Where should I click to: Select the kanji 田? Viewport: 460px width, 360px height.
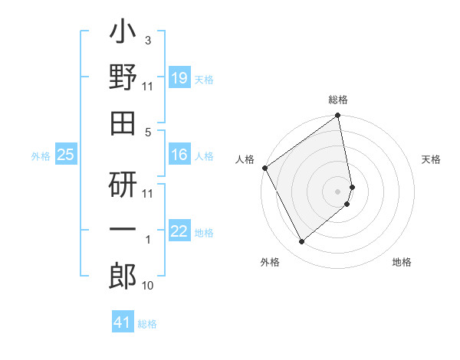pos(123,123)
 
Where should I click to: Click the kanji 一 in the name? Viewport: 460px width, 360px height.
pos(123,230)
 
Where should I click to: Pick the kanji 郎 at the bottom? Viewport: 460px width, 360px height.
pos(123,276)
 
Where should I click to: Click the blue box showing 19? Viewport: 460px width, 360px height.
pos(179,78)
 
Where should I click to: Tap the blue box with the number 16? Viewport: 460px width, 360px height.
pos(179,155)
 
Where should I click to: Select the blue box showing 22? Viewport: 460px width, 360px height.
pos(179,231)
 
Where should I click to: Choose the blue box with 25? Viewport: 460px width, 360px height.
pos(66,155)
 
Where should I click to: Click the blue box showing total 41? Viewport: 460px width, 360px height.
pos(123,322)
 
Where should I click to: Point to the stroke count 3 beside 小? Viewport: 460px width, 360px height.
pos(147,40)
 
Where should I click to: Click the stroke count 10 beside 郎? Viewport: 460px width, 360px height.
pos(147,286)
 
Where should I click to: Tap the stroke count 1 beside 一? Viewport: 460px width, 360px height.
pos(147,240)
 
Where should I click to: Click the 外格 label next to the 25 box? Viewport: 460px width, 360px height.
pos(41,155)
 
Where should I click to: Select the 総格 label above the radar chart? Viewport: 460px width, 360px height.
pos(338,100)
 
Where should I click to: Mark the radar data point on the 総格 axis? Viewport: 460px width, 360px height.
pos(338,116)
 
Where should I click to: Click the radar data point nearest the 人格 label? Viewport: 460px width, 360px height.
pos(264,168)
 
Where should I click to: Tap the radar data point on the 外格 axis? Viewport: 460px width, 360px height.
pos(301,242)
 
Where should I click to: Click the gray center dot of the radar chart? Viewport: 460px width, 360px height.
pos(338,191)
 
